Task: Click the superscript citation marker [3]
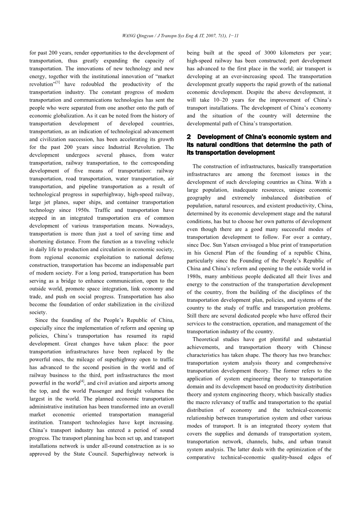(57, 82)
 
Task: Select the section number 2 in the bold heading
(189, 137)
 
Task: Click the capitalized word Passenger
(77, 391)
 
